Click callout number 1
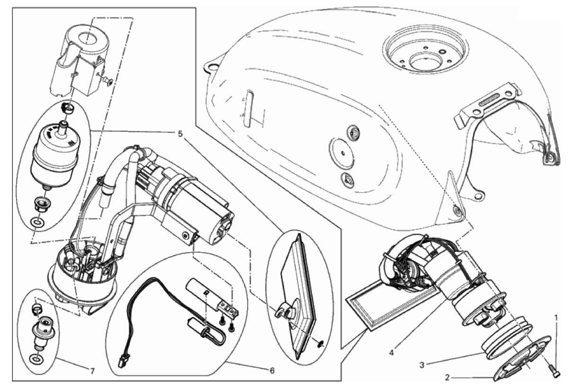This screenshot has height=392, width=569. click(x=556, y=318)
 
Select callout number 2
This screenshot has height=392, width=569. click(x=448, y=377)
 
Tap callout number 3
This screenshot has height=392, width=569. click(x=422, y=365)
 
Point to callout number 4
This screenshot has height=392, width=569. click(x=391, y=353)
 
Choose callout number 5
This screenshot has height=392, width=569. click(x=180, y=134)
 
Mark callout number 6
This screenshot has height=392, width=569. click(x=272, y=371)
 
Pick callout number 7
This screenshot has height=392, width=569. click(x=92, y=372)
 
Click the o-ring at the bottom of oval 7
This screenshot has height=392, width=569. click(x=35, y=359)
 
